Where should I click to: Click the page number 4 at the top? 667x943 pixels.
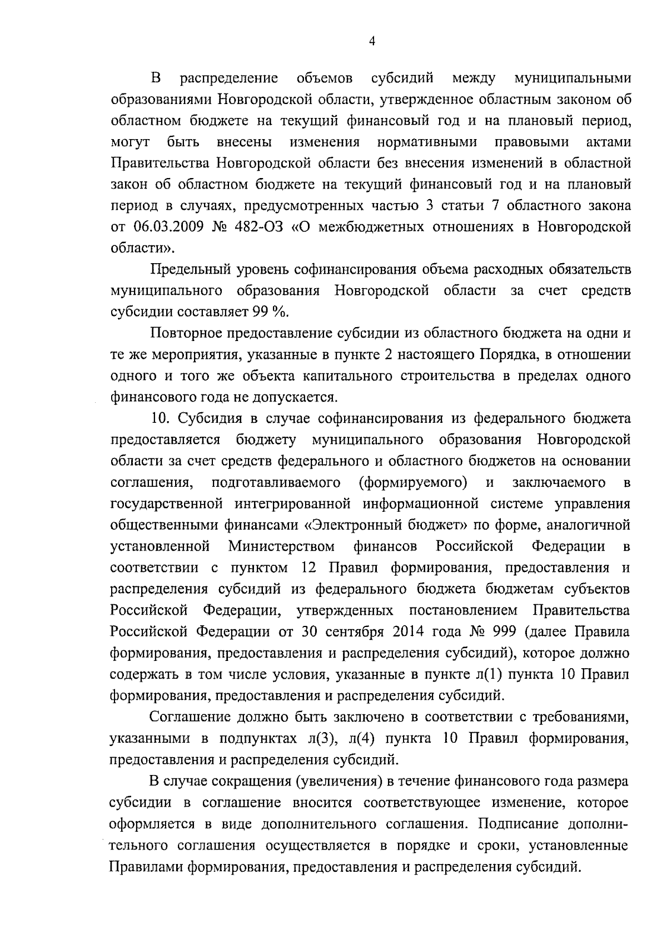[x=371, y=42]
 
